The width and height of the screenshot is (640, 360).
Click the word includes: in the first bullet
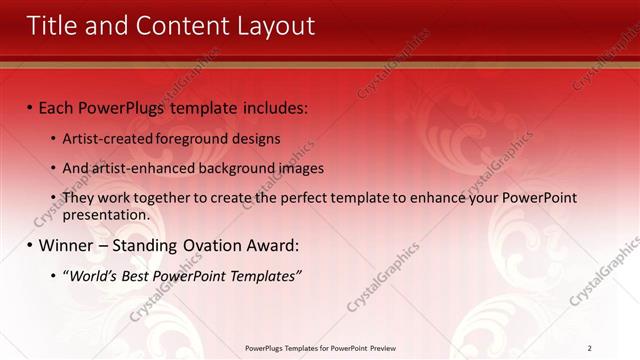point(272,107)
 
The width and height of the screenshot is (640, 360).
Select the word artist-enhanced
point(141,168)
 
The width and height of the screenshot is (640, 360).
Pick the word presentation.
point(106,214)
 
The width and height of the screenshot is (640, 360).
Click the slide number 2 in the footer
point(589,348)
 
